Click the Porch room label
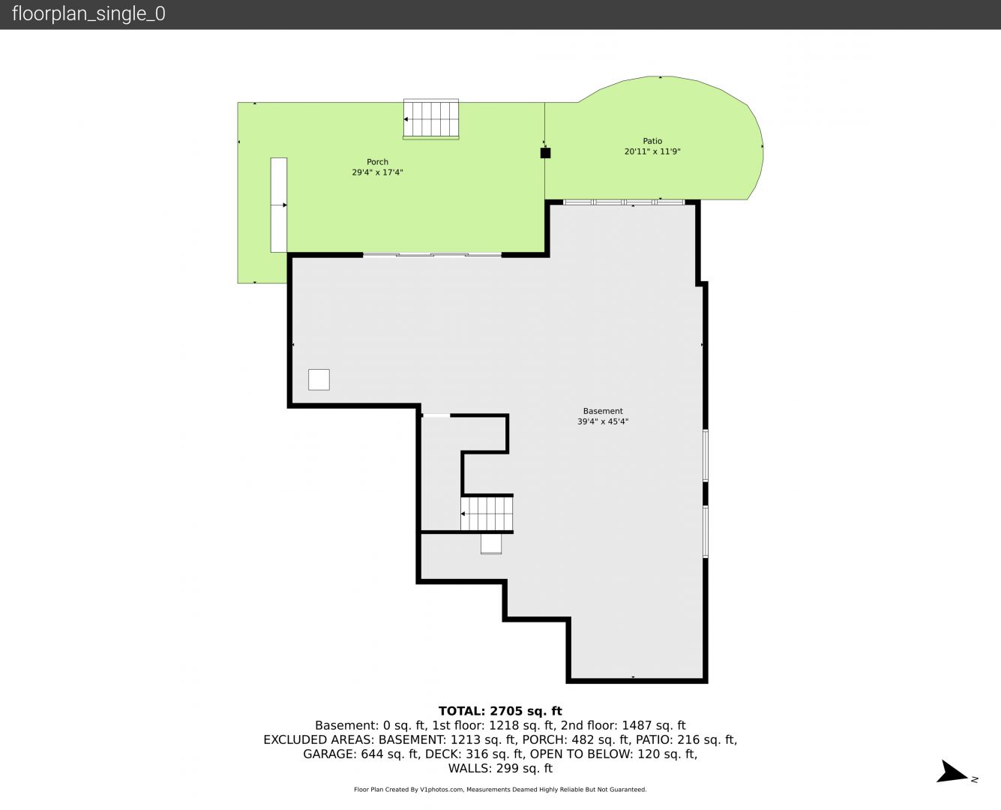(377, 162)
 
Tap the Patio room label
(652, 141)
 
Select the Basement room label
(603, 411)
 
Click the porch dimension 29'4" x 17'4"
(377, 172)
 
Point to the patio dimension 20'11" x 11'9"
(652, 151)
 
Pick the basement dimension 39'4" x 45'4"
(603, 421)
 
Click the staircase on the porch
(431, 119)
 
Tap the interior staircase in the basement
(487, 513)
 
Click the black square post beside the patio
(545, 153)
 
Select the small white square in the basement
(319, 379)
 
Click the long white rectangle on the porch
(279, 205)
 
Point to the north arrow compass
(954, 772)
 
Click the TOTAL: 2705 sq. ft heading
(500, 711)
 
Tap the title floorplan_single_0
(88, 13)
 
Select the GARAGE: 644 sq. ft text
(361, 754)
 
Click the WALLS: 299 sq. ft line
(500, 769)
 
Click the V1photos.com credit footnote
(500, 790)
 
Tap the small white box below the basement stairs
(491, 544)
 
